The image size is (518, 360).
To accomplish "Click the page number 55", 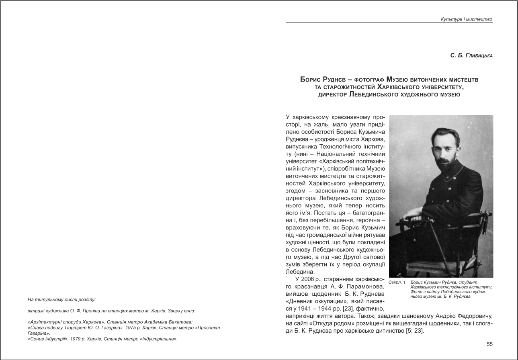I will [489, 344].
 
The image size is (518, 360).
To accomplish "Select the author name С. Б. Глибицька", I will [471, 55].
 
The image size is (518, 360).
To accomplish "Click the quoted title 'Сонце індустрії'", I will [47, 339].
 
